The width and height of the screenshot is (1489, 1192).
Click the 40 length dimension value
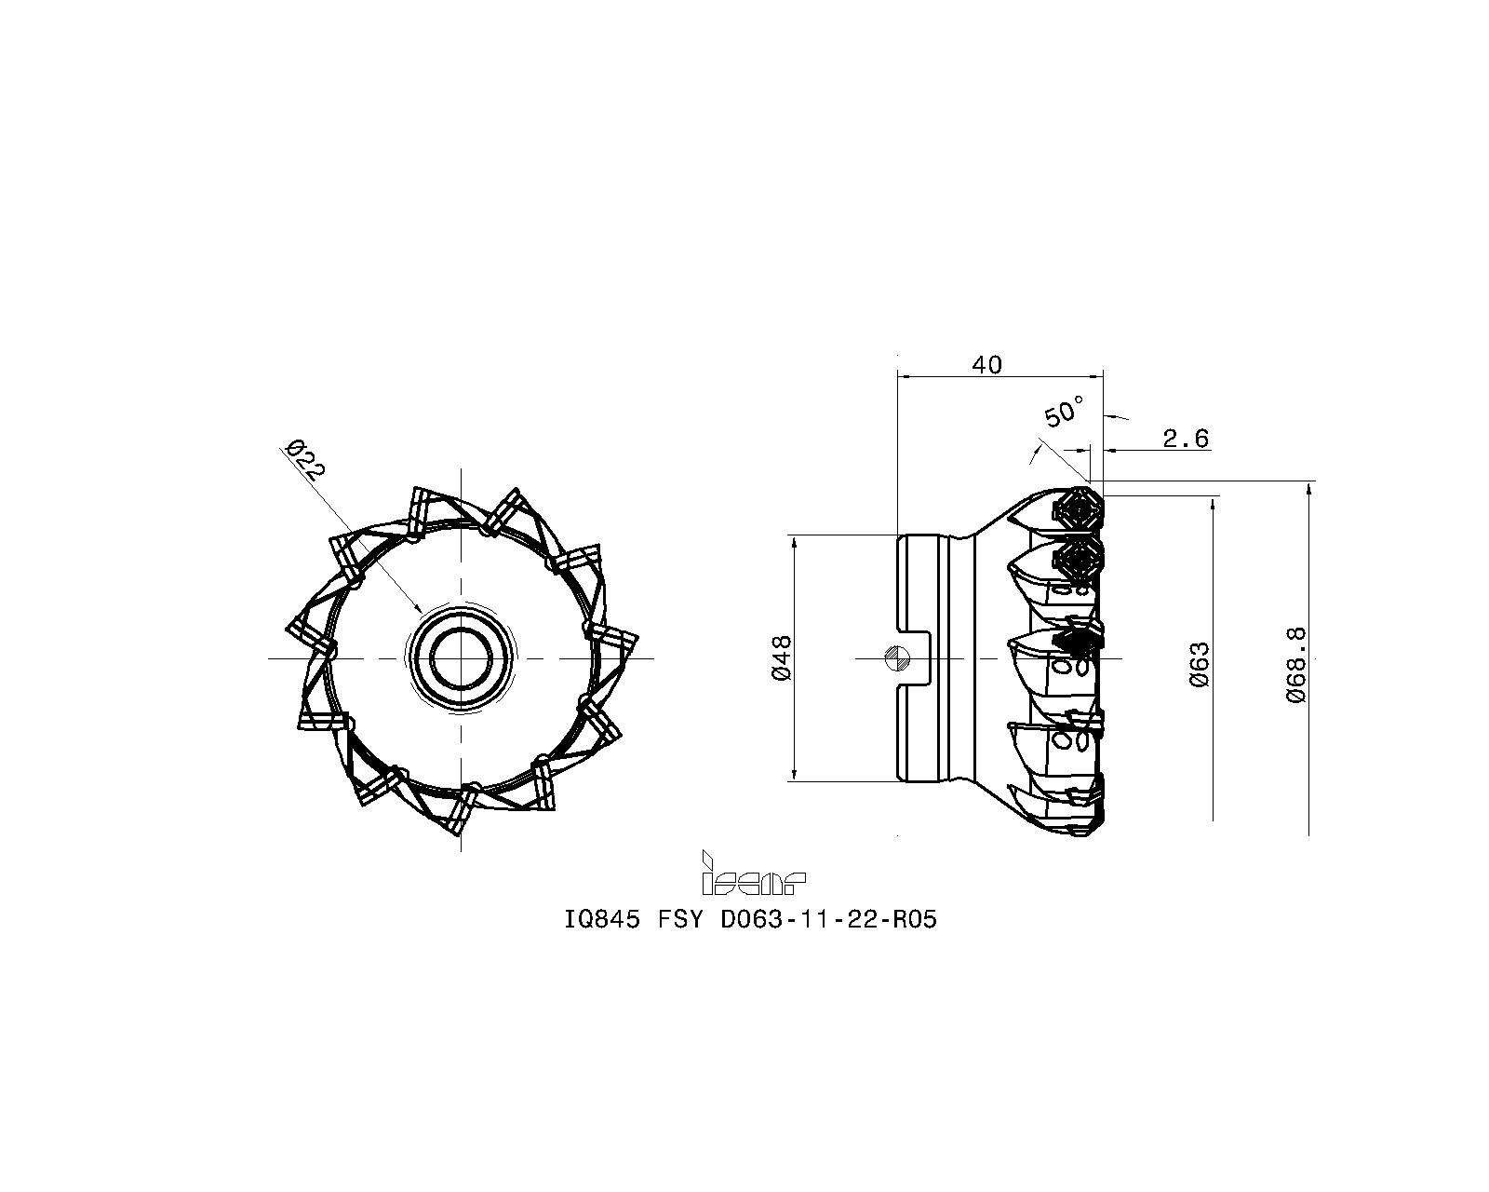pyautogui.click(x=987, y=365)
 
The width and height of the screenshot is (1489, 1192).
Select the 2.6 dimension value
pyautogui.click(x=1186, y=438)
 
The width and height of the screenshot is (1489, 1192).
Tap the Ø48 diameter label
pyautogui.click(x=781, y=657)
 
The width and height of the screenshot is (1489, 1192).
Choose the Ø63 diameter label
pyautogui.click(x=1201, y=664)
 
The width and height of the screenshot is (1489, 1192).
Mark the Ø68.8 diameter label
pyautogui.click(x=1295, y=664)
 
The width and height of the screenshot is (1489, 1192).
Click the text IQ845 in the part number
pyautogui.click(x=602, y=920)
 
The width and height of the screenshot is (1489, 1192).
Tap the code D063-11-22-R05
pyautogui.click(x=829, y=920)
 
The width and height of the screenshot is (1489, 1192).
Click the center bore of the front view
pyautogui.click(x=461, y=658)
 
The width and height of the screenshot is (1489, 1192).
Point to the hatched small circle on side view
pyautogui.click(x=897, y=657)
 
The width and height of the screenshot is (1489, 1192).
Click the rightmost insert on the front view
pyautogui.click(x=614, y=641)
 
